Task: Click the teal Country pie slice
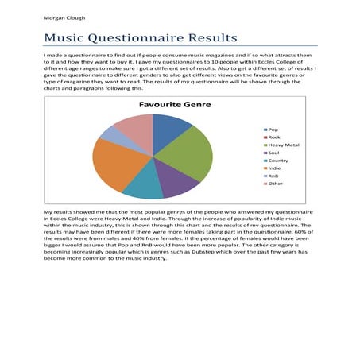pyautogui.click(x=145, y=188)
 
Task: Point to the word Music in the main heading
pyautogui.click(x=65, y=37)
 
